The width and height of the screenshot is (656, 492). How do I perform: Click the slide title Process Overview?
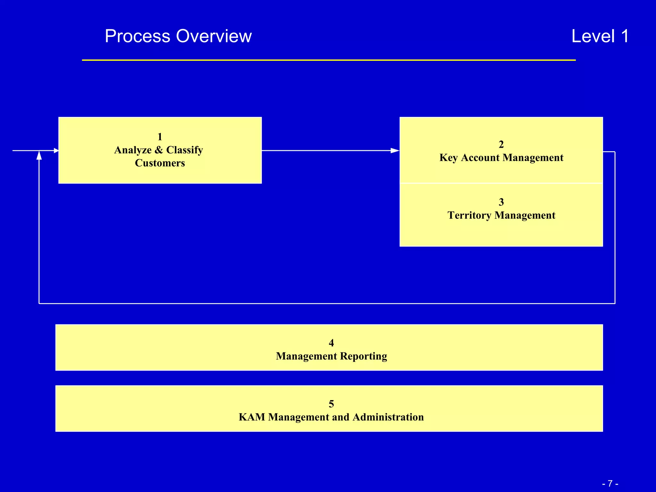point(178,36)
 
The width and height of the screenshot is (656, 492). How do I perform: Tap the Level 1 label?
point(600,36)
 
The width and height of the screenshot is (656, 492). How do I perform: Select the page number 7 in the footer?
point(610,483)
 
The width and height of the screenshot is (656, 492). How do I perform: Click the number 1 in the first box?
point(160,137)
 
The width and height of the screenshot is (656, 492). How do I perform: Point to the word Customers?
point(160,163)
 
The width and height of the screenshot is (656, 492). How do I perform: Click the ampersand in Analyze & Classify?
point(159,150)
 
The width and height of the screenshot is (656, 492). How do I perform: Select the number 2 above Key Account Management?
point(501,144)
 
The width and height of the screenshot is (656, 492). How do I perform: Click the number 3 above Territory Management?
point(501,202)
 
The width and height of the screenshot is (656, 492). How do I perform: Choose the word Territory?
point(469,215)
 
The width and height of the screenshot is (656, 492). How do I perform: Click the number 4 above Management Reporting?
point(331,343)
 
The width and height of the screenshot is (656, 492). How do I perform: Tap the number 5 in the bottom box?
point(331,404)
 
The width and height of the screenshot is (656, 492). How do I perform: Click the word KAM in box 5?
point(252,417)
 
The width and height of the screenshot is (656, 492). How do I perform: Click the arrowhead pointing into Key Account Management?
point(395,151)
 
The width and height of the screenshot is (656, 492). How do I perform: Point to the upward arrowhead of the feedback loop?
point(39,156)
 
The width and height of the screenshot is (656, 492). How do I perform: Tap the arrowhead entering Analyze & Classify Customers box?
point(56,151)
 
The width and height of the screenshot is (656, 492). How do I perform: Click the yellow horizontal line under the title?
point(329,60)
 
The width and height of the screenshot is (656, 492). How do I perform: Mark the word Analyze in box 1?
point(133,150)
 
